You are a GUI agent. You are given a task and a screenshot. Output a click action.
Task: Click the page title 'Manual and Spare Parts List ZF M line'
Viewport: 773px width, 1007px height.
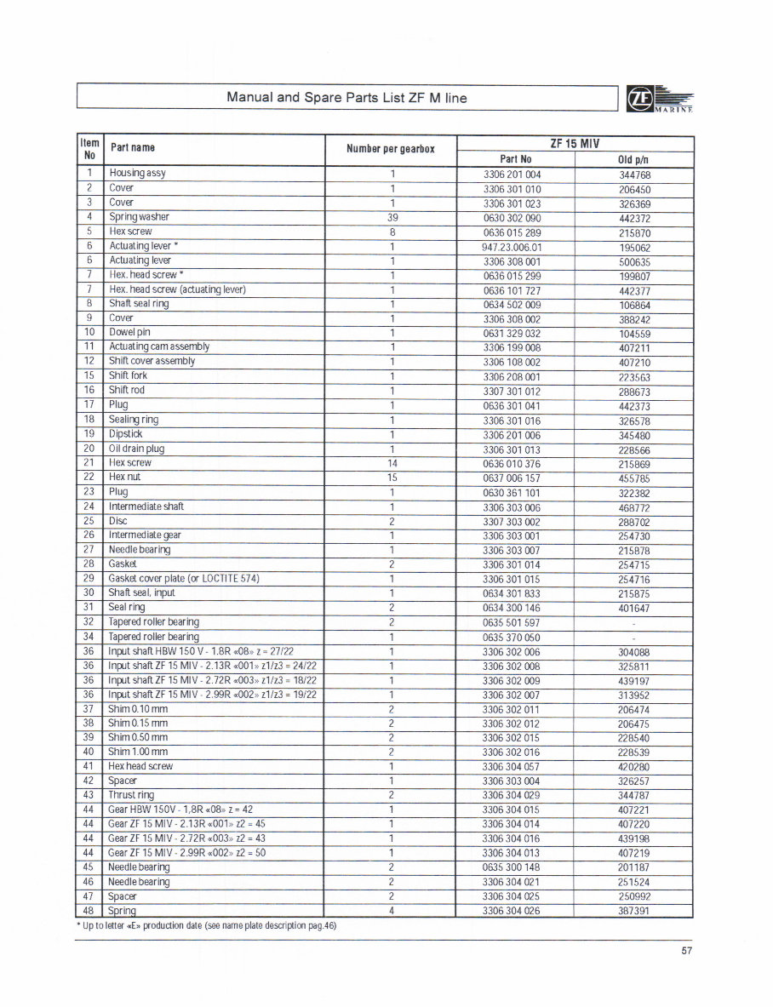point(346,97)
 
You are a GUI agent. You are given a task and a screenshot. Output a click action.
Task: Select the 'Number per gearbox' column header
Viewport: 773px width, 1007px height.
point(390,149)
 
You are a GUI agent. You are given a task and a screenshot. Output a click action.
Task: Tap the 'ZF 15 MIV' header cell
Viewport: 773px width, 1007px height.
point(575,143)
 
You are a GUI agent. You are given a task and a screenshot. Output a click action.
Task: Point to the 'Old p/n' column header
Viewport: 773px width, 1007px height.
point(633,159)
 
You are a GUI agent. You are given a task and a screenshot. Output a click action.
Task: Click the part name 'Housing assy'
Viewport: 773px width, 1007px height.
point(137,173)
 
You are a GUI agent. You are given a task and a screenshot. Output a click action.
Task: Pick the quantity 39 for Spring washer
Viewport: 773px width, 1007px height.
point(392,217)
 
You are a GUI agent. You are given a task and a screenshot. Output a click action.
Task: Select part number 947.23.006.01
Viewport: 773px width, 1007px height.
point(512,247)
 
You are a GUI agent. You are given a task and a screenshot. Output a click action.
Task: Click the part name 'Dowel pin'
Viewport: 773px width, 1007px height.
point(129,332)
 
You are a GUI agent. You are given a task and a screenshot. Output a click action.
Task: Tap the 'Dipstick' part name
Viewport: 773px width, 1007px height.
point(125,433)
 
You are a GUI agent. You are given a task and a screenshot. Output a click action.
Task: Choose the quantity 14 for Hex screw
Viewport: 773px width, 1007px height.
point(392,463)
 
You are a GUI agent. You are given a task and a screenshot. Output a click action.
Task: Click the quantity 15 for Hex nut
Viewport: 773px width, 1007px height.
point(392,478)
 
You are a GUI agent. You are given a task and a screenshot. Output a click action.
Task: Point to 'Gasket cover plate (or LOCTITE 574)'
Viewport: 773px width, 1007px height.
point(183,579)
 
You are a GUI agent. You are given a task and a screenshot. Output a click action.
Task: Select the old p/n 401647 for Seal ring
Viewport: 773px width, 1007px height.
point(633,608)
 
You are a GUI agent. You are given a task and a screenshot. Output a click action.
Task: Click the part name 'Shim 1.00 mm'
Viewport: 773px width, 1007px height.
point(138,752)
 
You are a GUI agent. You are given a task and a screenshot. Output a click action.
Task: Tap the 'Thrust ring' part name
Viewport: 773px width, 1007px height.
point(131,795)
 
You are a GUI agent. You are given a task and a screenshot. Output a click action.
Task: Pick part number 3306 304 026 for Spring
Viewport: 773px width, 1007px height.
point(511,911)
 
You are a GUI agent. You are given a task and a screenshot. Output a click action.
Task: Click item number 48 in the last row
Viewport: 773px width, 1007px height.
point(89,911)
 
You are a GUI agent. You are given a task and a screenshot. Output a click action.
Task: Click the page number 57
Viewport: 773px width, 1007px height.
point(687,951)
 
